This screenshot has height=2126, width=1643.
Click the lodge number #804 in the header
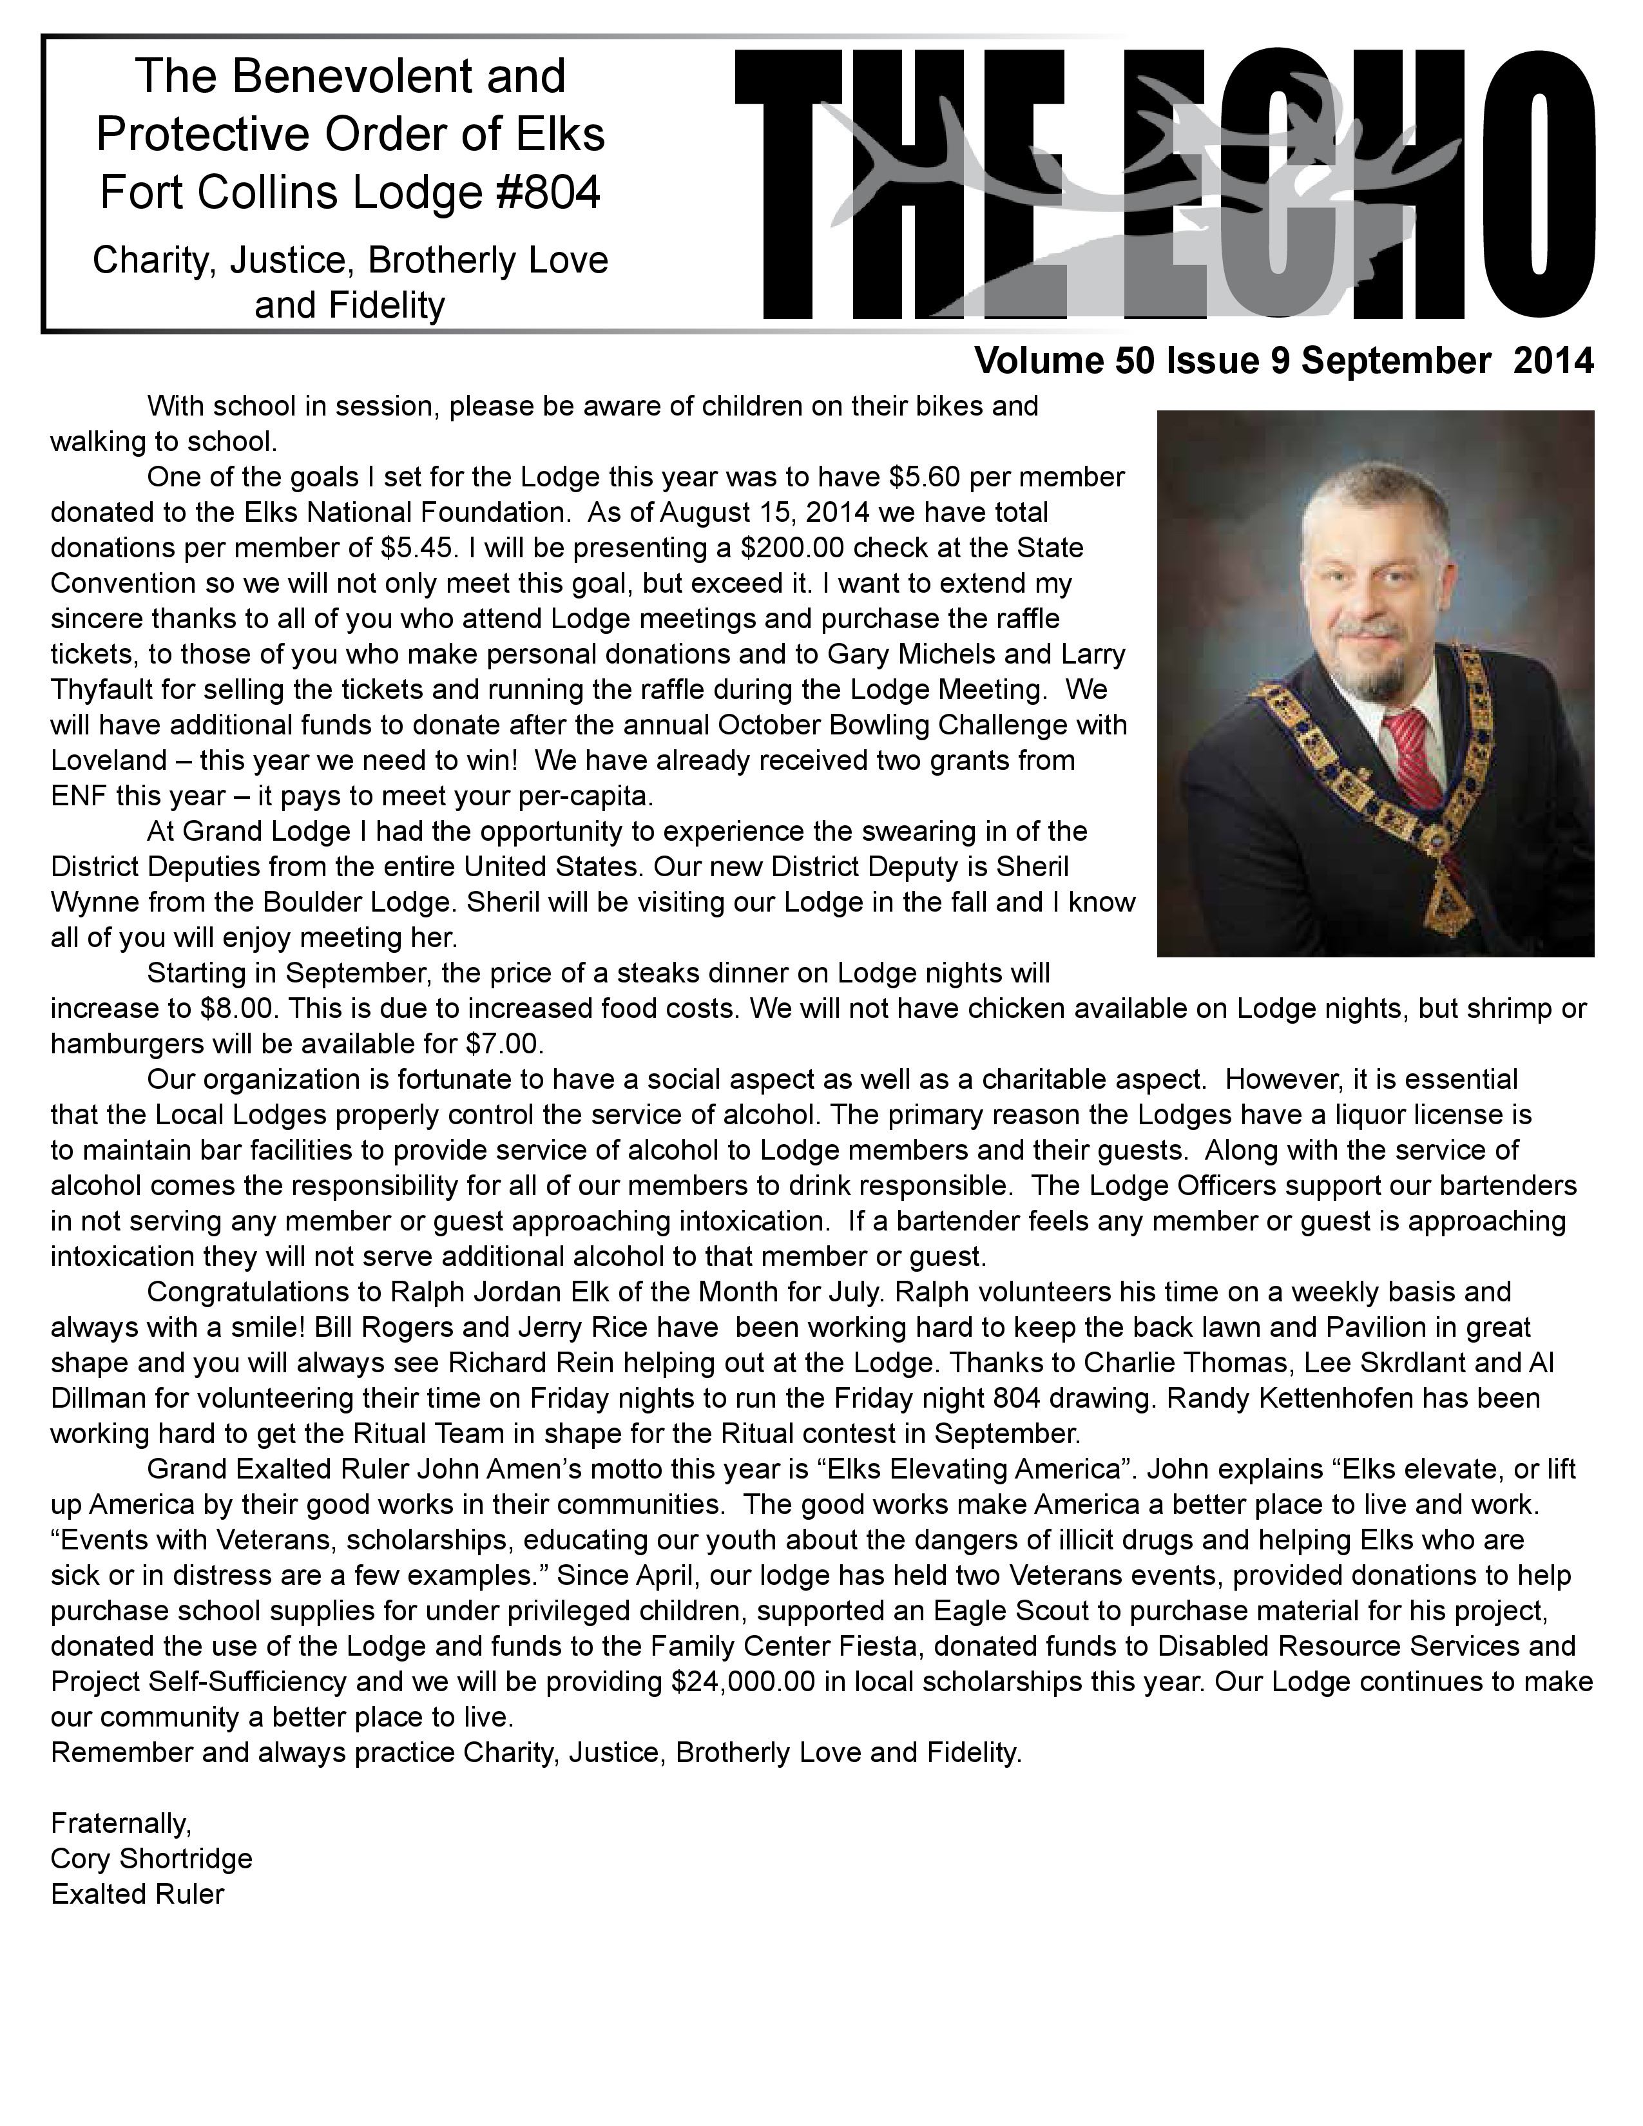pyautogui.click(x=541, y=192)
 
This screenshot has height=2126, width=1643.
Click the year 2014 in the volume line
pyautogui.click(x=1553, y=361)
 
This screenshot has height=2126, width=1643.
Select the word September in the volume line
pyautogui.click(x=1396, y=361)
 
